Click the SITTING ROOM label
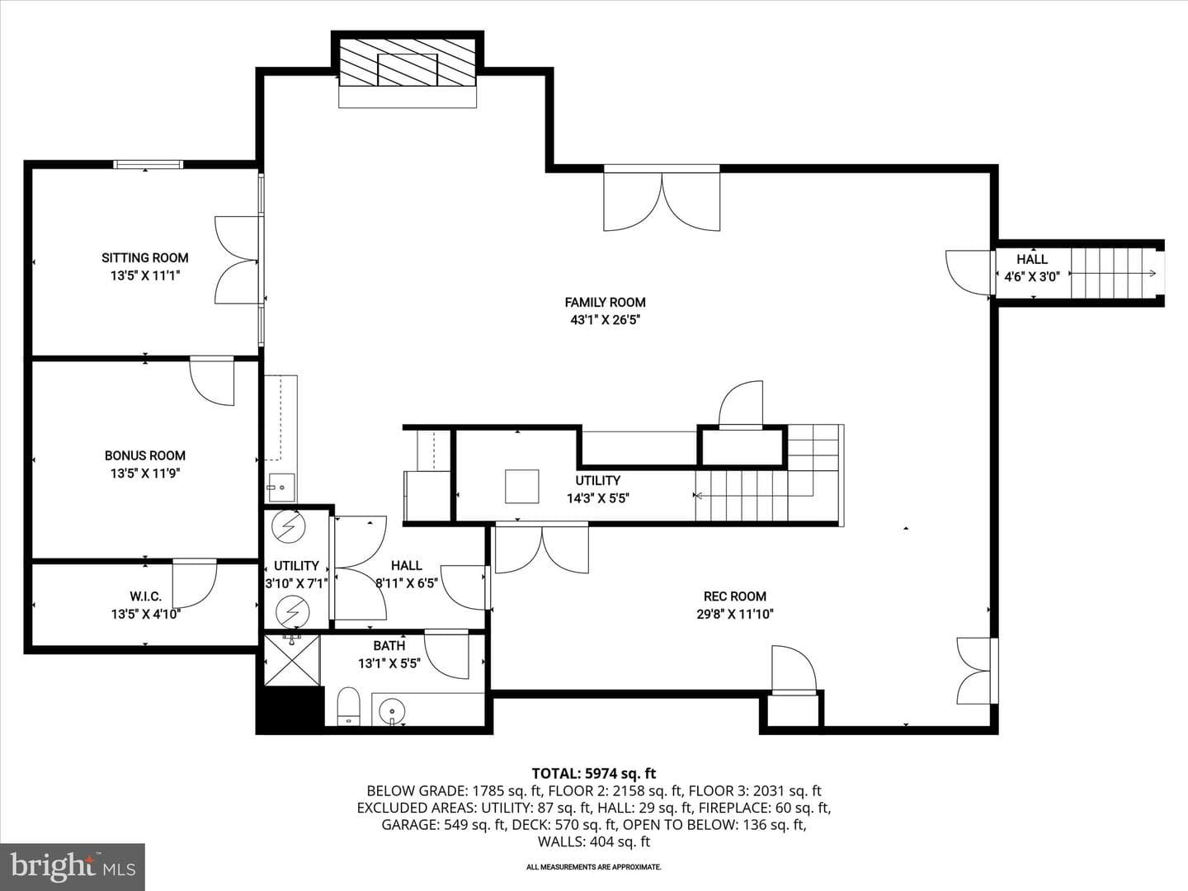point(145,258)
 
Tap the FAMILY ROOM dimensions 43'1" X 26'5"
point(605,320)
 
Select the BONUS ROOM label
point(145,455)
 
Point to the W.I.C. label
point(145,596)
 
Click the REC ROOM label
point(735,596)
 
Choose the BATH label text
point(389,645)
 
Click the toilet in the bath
point(348,706)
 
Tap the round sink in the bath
point(390,709)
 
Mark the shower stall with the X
point(292,661)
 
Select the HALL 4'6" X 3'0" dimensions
point(1031,277)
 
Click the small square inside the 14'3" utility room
point(521,487)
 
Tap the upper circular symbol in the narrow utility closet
point(289,526)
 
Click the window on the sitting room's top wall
point(148,164)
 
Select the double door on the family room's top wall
point(662,199)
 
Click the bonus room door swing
point(212,381)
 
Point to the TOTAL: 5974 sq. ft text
point(594,774)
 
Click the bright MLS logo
point(73,866)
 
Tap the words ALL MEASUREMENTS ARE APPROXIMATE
point(594,867)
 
